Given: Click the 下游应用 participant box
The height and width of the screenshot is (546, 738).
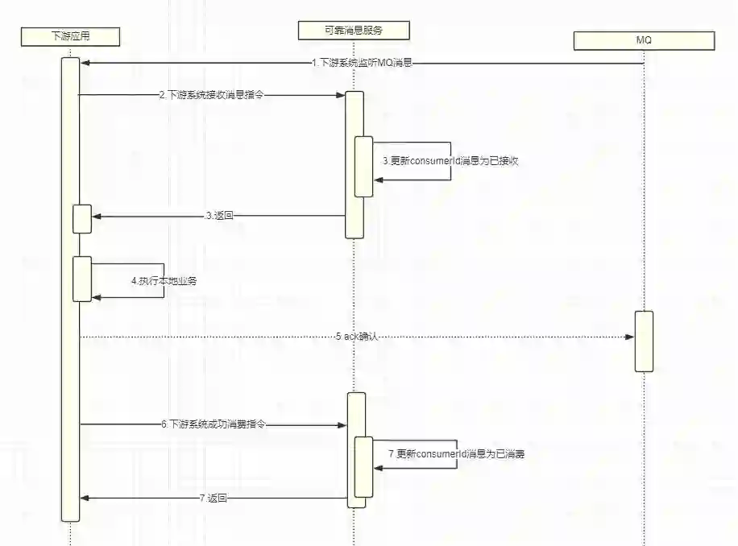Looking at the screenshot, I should pos(70,35).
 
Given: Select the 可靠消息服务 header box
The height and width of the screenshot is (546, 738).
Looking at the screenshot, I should pos(354,31).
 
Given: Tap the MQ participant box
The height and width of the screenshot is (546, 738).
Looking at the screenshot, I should pos(644,40).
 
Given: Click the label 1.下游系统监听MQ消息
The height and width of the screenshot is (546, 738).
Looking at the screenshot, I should pos(362,63).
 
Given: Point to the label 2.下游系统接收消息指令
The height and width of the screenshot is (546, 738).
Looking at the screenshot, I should pos(211,95).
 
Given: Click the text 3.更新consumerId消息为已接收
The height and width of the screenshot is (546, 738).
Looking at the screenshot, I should pos(450,161).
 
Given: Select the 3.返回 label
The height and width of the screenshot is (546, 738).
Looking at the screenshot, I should pos(219,216).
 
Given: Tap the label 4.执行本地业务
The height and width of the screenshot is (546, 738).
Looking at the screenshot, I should pos(164,281).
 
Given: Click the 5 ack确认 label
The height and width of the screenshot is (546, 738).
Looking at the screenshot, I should pos(356,337).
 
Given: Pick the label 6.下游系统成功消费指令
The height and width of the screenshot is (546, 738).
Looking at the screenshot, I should pos(213,424).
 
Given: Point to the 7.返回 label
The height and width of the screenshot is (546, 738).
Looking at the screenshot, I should pos(213,498).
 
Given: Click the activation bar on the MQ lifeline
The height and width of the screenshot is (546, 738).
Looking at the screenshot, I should pos(643,341).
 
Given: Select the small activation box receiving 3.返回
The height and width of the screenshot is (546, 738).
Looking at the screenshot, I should pos(81,219).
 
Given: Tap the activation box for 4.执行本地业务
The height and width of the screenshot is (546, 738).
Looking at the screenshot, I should pos(82,279).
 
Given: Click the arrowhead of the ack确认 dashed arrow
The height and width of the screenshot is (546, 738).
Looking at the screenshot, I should pos(630,337).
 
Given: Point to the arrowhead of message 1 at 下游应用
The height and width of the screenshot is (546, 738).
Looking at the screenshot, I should pos(85,63).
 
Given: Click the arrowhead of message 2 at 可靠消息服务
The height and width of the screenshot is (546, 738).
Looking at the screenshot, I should pos(342,95).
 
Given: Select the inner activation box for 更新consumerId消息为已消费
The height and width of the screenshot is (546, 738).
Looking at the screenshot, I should pos(363,467).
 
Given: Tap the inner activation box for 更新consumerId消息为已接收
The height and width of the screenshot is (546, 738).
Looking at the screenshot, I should pos(364,166).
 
